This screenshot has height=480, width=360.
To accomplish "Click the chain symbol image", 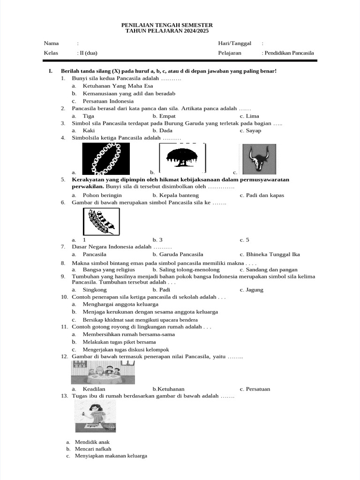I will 106,158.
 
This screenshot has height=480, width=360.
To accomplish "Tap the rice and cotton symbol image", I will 101,222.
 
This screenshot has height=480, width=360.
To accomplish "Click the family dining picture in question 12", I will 103,373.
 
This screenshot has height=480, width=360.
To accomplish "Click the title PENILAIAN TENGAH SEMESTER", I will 167,25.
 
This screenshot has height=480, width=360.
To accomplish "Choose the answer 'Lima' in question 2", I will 252,116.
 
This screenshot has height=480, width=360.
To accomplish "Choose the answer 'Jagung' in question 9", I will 255,290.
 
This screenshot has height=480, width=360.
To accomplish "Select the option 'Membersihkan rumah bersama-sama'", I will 128,334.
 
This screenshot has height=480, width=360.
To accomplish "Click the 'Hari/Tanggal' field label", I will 234,43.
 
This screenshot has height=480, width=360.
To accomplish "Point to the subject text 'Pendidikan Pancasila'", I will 289,53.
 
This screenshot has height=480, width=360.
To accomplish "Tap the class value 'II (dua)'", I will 88,53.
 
